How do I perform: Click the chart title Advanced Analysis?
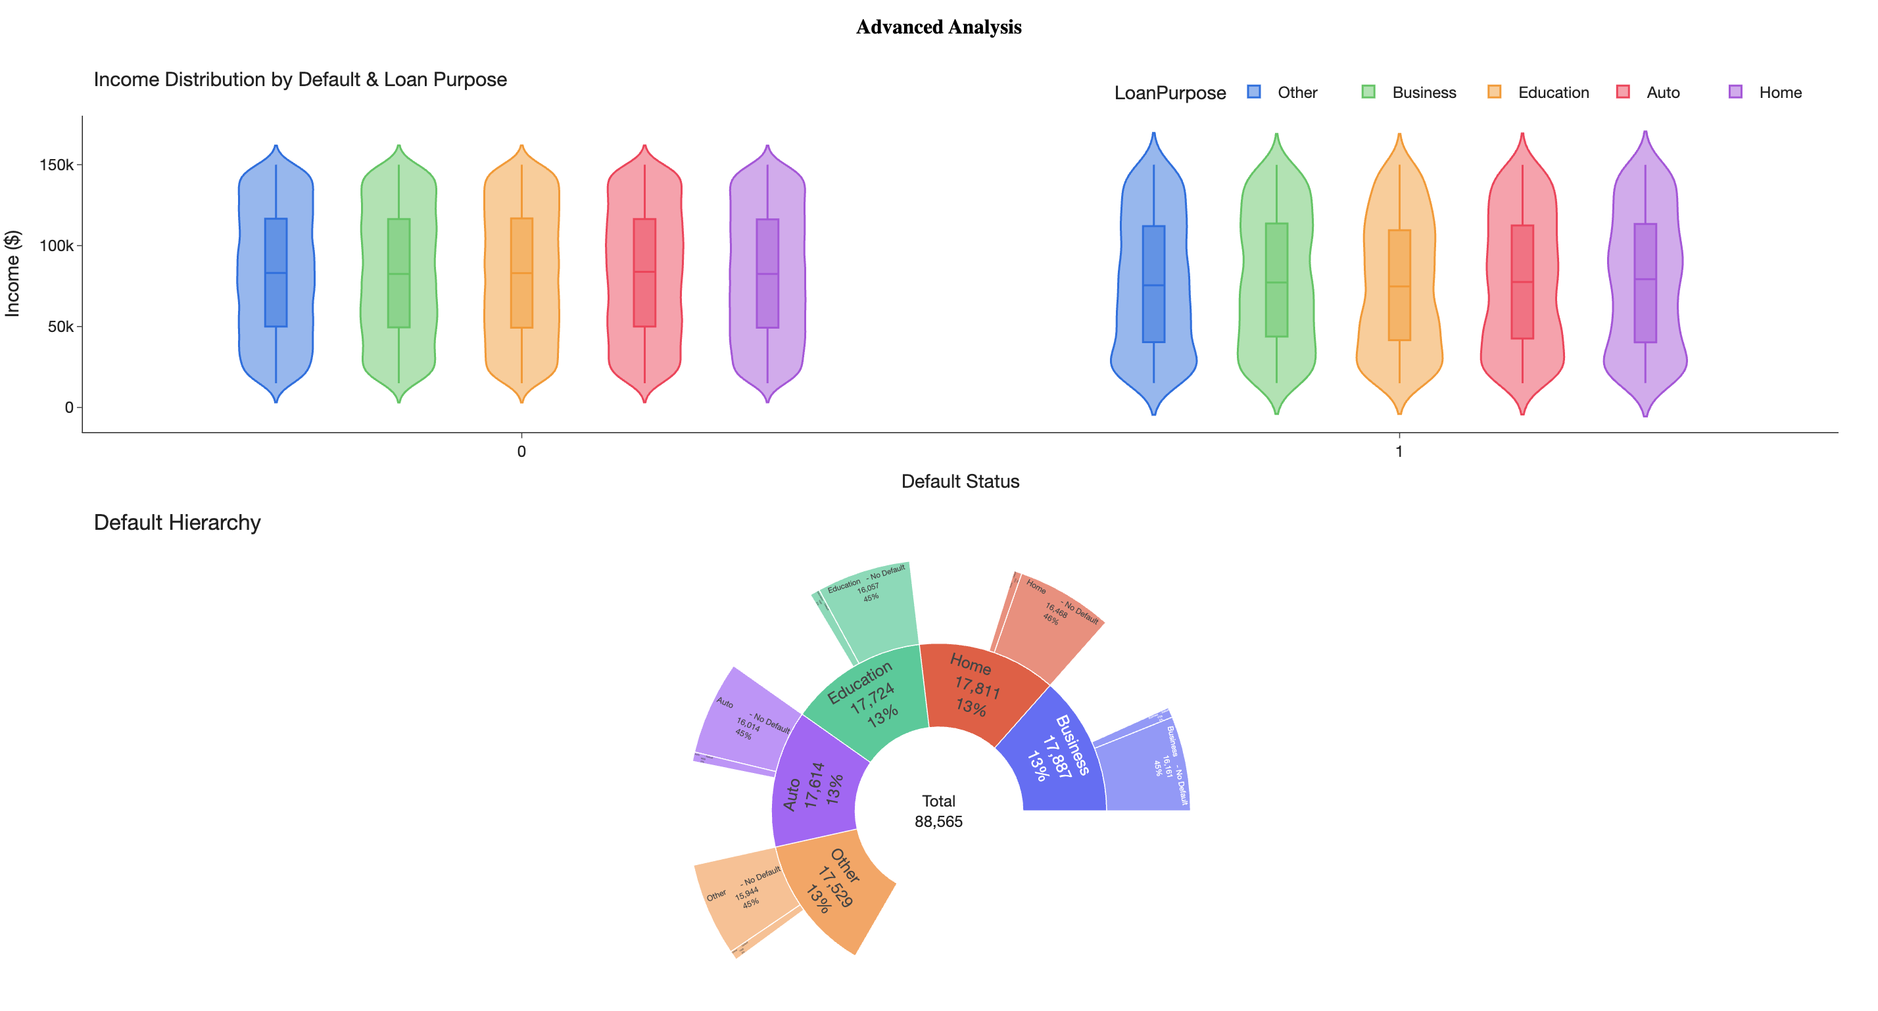[x=938, y=27]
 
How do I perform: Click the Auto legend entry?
[x=1662, y=93]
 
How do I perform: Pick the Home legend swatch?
[x=1735, y=92]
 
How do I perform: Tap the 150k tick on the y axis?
[x=56, y=165]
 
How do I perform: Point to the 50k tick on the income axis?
[x=60, y=327]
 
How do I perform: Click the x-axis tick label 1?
[x=1398, y=451]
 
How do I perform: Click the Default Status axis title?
[x=959, y=481]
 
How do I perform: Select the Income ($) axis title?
[x=12, y=273]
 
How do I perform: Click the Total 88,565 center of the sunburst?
[x=938, y=811]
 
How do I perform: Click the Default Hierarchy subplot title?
[x=177, y=523]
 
